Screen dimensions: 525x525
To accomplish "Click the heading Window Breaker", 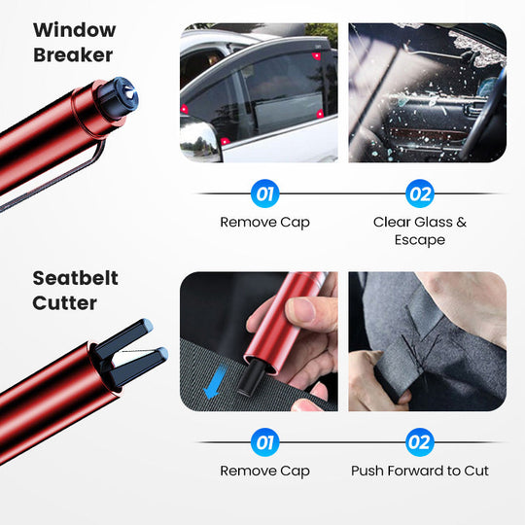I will pos(74,43).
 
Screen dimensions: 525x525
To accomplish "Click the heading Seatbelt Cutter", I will pos(75,290).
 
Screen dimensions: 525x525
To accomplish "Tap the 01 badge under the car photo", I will pos(264,193).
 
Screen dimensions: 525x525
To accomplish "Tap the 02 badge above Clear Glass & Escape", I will pos(420,193).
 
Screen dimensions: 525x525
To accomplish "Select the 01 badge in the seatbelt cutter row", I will pos(264,443).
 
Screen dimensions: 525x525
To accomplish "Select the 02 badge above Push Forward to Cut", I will pos(420,443).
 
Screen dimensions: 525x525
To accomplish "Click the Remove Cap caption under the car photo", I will pos(264,223).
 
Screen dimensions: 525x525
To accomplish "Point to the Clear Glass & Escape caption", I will pos(420,230).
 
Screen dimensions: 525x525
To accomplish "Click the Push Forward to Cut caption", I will pos(420,472).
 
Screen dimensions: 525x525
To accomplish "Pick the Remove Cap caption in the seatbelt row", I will pos(264,472).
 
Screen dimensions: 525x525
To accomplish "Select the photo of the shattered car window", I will pos(427,92).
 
